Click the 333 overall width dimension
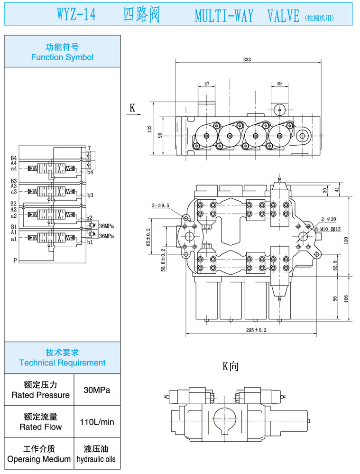(247, 60)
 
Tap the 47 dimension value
(207, 84)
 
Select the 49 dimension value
(279, 84)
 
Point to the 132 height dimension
(149, 129)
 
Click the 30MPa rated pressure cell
(97, 390)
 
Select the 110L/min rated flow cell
(97, 421)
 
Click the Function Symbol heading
(62, 57)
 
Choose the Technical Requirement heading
(62, 362)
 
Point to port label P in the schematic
(15, 260)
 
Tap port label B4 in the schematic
(14, 158)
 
